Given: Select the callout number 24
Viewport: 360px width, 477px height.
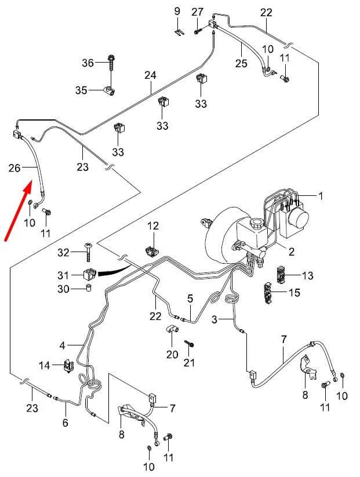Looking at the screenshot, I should tap(151, 76).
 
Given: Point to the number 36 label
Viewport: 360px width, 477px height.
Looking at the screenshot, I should tap(87, 63).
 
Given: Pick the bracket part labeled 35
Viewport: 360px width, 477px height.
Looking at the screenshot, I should tap(109, 90).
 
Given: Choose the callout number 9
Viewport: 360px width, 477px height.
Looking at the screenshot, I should tap(177, 12).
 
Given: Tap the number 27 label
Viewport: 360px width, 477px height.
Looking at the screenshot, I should tap(198, 12).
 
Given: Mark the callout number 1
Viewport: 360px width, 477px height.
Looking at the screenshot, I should tap(321, 196).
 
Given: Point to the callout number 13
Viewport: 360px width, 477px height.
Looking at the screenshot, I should tap(307, 275).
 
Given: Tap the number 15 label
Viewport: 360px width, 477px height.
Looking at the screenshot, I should tap(294, 292).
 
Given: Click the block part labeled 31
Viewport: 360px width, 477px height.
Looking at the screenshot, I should tap(89, 274).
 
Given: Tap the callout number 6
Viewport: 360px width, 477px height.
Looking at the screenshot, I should tap(66, 423).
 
